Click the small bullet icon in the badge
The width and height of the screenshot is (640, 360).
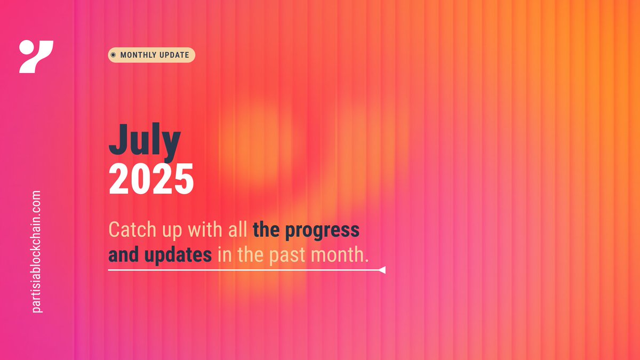pos(113,55)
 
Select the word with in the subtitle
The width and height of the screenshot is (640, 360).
pos(194,230)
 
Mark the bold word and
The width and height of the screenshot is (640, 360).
pos(122,255)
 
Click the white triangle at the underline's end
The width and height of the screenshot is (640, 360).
pos(382,270)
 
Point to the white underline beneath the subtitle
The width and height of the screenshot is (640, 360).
pos(240,270)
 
